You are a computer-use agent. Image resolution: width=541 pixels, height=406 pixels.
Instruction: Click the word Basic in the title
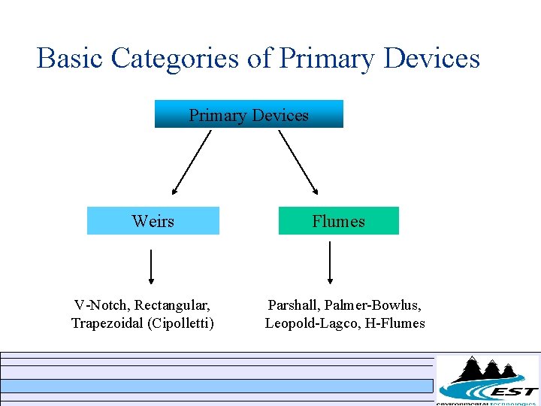click(x=70, y=58)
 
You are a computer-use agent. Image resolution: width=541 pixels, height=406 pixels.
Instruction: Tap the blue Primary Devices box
click(x=249, y=115)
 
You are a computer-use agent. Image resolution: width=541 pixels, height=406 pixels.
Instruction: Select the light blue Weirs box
click(x=153, y=221)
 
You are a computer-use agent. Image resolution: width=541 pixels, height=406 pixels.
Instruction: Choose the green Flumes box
click(x=338, y=221)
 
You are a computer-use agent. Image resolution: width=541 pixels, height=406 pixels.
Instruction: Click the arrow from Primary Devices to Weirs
click(x=192, y=162)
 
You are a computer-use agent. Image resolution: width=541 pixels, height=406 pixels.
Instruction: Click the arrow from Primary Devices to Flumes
click(x=298, y=162)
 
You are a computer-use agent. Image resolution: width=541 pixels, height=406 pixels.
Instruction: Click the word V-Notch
click(x=100, y=305)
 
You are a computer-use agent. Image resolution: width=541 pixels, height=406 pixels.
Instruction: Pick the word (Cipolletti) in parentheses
click(x=183, y=323)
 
